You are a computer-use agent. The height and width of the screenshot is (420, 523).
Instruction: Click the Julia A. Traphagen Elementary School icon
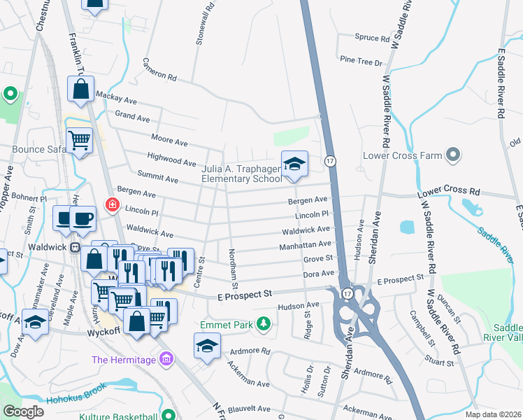pos(294,164)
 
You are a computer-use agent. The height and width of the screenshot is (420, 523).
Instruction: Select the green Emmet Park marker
pos(264,323)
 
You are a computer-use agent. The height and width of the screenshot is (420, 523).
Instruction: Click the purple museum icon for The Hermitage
pos(165,360)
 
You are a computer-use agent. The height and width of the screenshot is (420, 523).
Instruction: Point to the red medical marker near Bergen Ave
pos(111,205)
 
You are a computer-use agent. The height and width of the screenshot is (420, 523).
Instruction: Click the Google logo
pos(23,412)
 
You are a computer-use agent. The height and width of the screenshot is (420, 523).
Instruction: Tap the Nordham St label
pos(235,267)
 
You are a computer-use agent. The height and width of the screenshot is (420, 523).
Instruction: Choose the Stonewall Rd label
pos(200,28)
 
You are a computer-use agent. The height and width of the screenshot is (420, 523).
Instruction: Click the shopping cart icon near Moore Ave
pos(80,141)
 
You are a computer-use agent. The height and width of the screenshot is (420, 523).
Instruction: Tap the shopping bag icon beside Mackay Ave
pos(80,89)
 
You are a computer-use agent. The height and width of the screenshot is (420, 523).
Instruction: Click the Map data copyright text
pos(494,414)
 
